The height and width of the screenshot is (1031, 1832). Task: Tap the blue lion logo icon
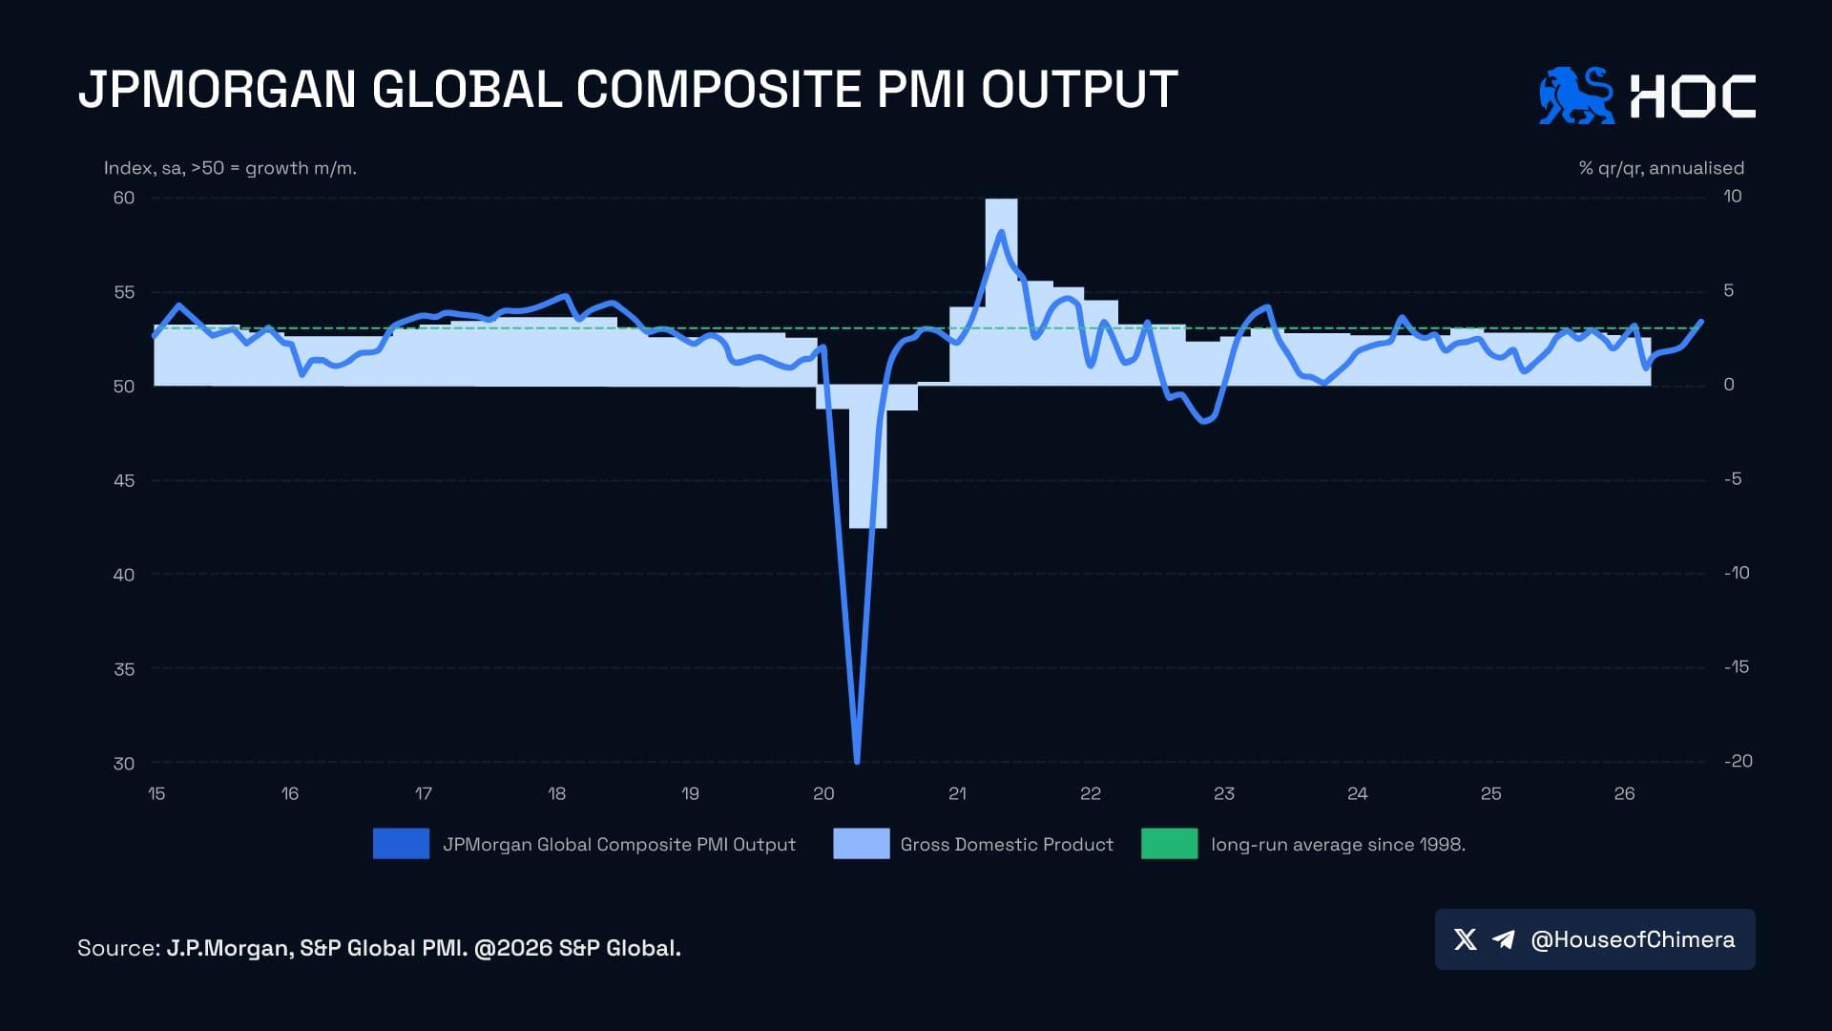pyautogui.click(x=1576, y=95)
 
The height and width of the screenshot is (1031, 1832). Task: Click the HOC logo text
pyautogui.click(x=1693, y=96)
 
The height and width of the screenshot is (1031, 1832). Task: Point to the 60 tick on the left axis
pyautogui.click(x=124, y=198)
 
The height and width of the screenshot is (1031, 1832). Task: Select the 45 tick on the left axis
pyautogui.click(x=124, y=480)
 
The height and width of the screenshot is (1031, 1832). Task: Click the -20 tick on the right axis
pyautogui.click(x=1738, y=761)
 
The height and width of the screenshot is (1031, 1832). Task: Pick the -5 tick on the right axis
pyautogui.click(x=1733, y=478)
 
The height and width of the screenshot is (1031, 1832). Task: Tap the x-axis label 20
pyautogui.click(x=823, y=793)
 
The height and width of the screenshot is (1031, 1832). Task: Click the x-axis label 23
pyautogui.click(x=1223, y=793)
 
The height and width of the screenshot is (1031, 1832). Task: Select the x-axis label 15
pyautogui.click(x=156, y=793)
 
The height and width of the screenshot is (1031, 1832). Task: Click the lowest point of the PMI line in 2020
pyautogui.click(x=857, y=762)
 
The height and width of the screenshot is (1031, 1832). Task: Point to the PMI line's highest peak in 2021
pyautogui.click(x=1001, y=232)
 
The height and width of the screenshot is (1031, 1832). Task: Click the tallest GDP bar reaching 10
pyautogui.click(x=1001, y=292)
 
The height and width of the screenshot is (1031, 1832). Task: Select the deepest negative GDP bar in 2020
pyautogui.click(x=867, y=456)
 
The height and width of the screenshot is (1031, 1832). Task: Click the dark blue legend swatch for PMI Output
pyautogui.click(x=401, y=844)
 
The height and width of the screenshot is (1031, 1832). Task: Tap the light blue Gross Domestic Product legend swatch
pyautogui.click(x=861, y=844)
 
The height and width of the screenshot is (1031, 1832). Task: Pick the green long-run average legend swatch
pyautogui.click(x=1169, y=844)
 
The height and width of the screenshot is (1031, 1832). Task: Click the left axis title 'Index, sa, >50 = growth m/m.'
pyautogui.click(x=230, y=168)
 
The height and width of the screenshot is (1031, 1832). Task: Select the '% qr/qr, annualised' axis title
pyautogui.click(x=1661, y=168)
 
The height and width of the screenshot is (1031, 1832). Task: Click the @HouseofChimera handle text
pyautogui.click(x=1633, y=939)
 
